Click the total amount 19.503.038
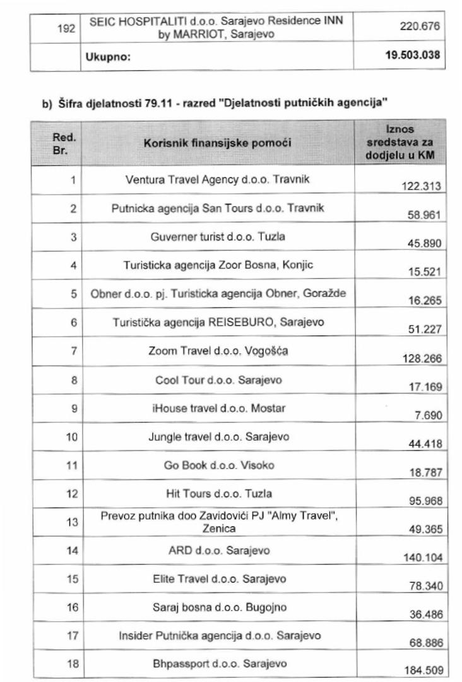click(x=412, y=56)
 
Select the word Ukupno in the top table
click(x=107, y=57)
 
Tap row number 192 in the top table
click(x=66, y=28)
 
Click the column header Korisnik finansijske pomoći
click(x=218, y=143)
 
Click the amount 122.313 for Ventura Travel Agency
click(x=421, y=186)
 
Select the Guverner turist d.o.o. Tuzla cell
click(x=218, y=237)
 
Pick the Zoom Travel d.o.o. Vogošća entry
click(x=218, y=351)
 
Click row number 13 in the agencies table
click(x=73, y=522)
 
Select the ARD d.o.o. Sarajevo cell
click(x=218, y=551)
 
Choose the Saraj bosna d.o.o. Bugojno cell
click(x=218, y=607)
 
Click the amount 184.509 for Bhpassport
click(x=421, y=671)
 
